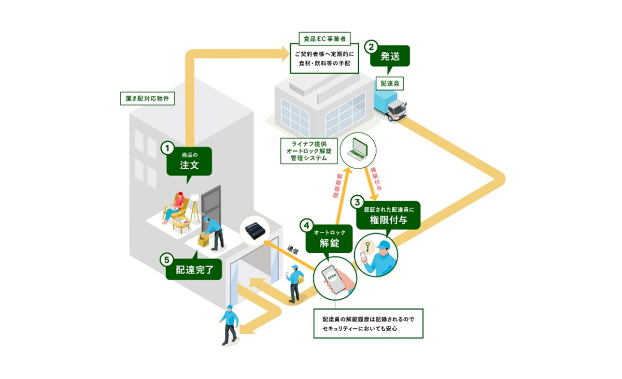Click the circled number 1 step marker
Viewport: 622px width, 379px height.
tap(167, 149)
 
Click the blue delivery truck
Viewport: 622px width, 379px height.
tap(390, 106)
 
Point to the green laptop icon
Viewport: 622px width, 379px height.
tap(358, 148)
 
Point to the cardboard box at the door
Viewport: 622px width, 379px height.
tap(204, 240)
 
